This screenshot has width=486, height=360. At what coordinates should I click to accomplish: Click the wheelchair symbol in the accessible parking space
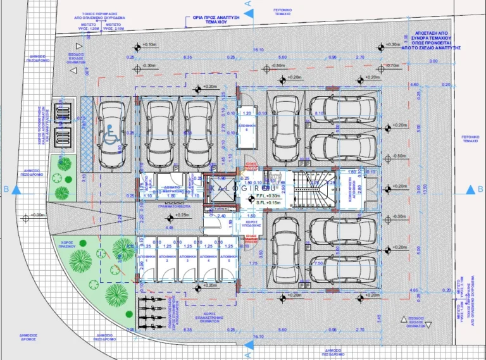[x=111, y=141]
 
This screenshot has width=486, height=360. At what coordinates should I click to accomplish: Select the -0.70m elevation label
[x=392, y=65]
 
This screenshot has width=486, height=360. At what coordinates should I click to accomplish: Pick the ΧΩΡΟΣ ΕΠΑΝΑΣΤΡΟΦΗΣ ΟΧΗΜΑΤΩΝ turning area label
[x=211, y=317]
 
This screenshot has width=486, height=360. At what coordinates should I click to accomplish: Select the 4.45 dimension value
[x=170, y=227]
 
